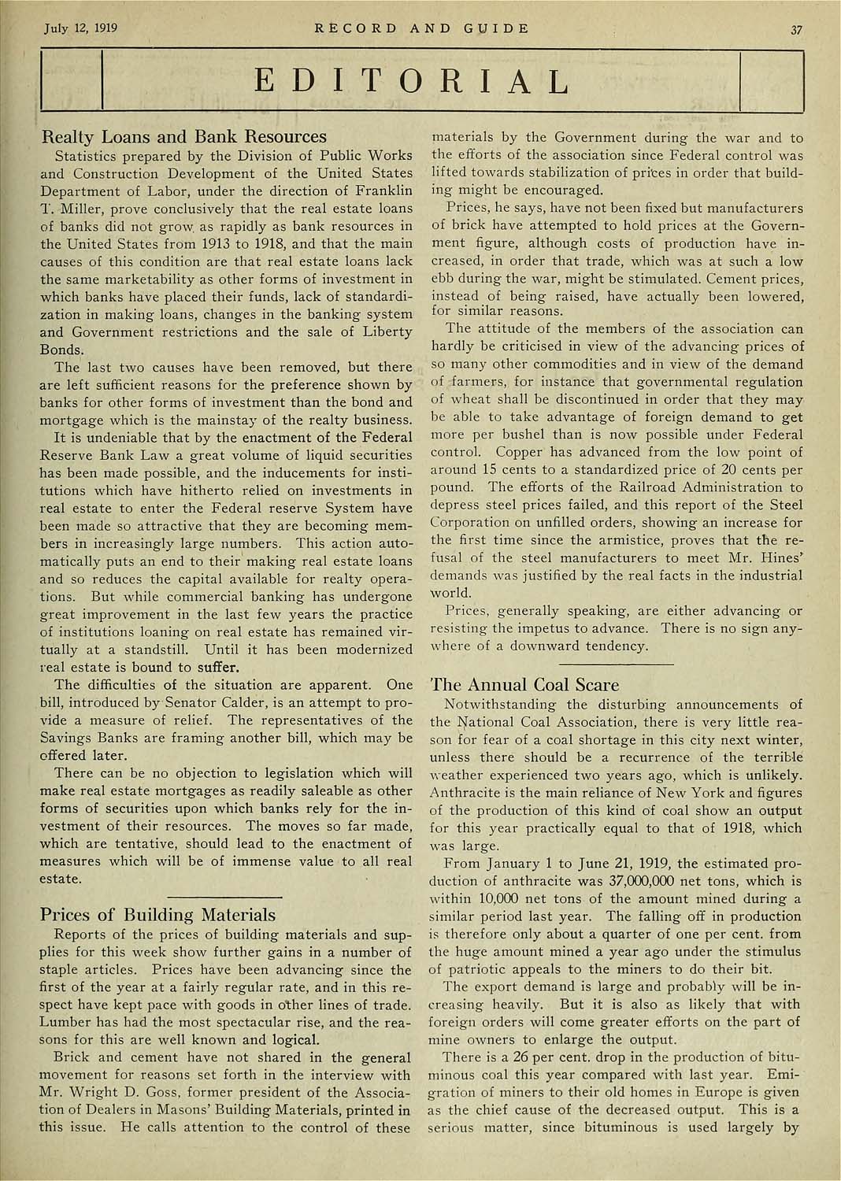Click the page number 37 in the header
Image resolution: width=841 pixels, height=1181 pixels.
point(796,31)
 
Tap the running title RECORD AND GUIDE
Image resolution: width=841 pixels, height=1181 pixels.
point(421,29)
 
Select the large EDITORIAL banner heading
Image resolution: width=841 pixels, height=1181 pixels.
point(421,81)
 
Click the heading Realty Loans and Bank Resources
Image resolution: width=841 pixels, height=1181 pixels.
point(183,136)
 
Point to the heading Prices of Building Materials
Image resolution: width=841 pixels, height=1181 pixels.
point(157,914)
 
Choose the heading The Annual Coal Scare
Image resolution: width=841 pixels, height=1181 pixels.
point(524,684)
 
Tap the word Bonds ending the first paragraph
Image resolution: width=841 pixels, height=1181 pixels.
point(61,350)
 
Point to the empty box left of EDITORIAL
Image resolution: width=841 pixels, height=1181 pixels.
point(71,81)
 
